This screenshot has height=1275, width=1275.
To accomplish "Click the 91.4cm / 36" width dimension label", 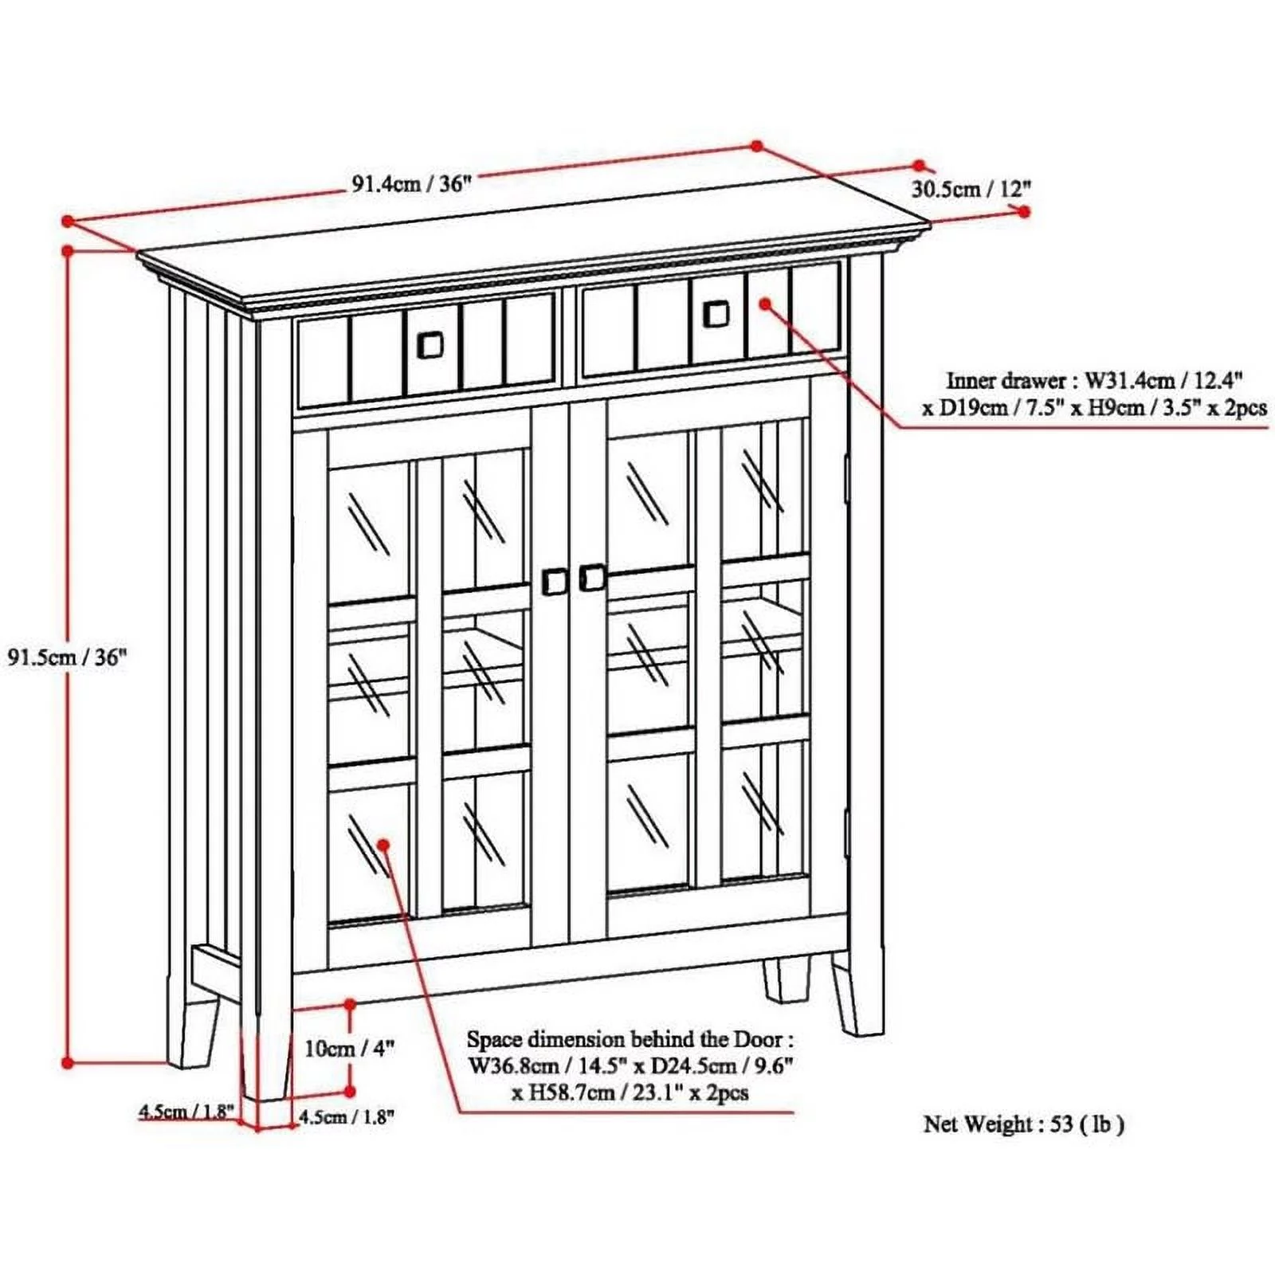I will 412,184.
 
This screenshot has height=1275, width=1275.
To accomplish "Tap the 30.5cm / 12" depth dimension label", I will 971,189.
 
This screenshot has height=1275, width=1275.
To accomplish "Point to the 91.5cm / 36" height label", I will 67,657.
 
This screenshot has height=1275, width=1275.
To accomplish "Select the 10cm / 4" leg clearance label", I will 349,1048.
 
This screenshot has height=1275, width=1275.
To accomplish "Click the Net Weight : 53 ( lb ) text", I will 1023,1124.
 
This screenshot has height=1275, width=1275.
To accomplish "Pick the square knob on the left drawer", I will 430,345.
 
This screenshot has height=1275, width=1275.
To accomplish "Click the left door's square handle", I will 554,581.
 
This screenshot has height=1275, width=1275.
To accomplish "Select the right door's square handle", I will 592,578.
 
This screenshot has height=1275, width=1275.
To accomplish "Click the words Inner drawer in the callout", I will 1005,381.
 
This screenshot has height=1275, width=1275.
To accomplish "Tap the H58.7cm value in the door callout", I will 571,1092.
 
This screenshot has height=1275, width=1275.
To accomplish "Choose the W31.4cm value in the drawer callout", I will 1129,381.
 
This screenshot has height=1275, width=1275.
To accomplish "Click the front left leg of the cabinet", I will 266,1060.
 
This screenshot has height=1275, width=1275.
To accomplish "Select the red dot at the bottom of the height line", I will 68,1062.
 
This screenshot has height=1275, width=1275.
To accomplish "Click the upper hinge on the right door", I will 846,478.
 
